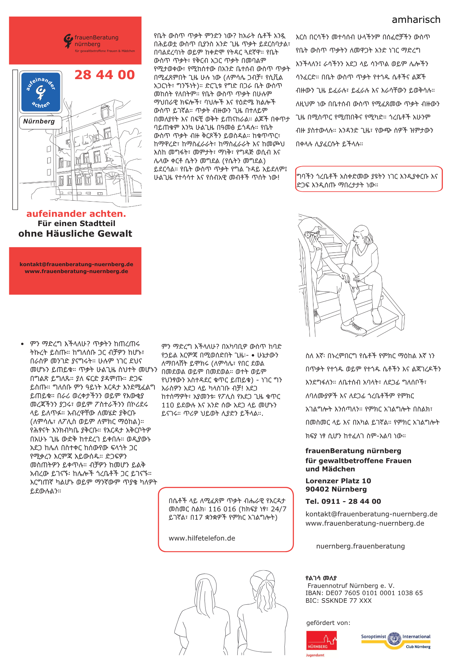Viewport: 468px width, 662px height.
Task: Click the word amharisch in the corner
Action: pos(416,20)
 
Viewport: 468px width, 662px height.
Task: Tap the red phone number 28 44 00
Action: pos(105,75)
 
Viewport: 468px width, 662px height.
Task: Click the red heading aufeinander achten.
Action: pos(76,214)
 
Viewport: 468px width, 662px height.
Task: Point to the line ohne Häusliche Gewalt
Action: pos(75,234)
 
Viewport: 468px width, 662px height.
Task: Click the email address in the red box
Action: pos(76,264)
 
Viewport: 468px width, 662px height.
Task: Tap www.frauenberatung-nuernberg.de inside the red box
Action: pos(76,271)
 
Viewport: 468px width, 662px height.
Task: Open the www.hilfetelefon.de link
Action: pos(202,538)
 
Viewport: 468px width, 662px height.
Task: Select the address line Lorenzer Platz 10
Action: pos(338,481)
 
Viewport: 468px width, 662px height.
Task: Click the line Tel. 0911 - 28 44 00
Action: pos(343,501)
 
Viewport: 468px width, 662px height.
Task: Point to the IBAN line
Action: pos(364,593)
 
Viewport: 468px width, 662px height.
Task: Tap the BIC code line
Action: pos(339,601)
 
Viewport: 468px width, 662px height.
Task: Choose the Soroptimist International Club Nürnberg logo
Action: pos(396,641)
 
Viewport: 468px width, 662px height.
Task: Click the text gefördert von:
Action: pos(328,623)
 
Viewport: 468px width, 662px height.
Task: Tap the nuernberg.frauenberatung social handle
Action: pos(360,546)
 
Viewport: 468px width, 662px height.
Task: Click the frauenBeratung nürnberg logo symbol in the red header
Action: pos(68,41)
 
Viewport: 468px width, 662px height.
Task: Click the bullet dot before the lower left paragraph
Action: pos(22,344)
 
